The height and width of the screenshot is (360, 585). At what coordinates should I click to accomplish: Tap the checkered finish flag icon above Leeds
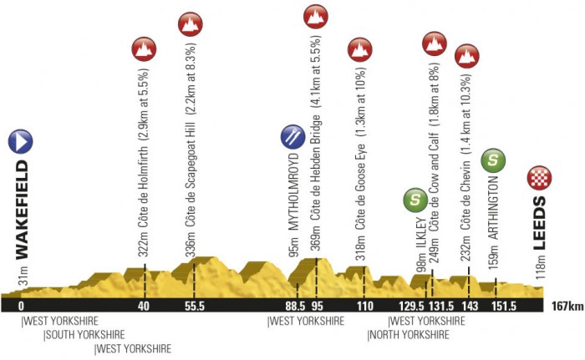pos(539,177)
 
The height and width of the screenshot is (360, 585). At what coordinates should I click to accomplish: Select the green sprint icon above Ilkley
pos(415,200)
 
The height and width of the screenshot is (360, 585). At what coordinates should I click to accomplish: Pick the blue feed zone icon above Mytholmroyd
pos(292,134)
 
